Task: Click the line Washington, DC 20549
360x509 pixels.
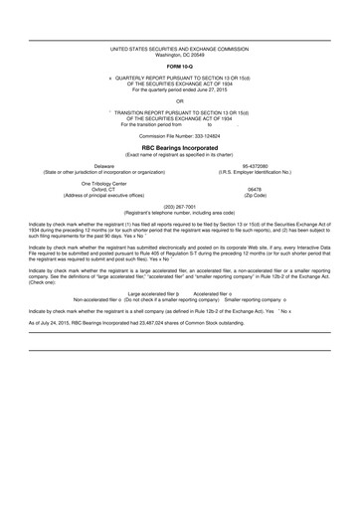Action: [180, 53]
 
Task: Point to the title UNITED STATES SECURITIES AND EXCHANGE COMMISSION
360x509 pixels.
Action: [180, 47]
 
